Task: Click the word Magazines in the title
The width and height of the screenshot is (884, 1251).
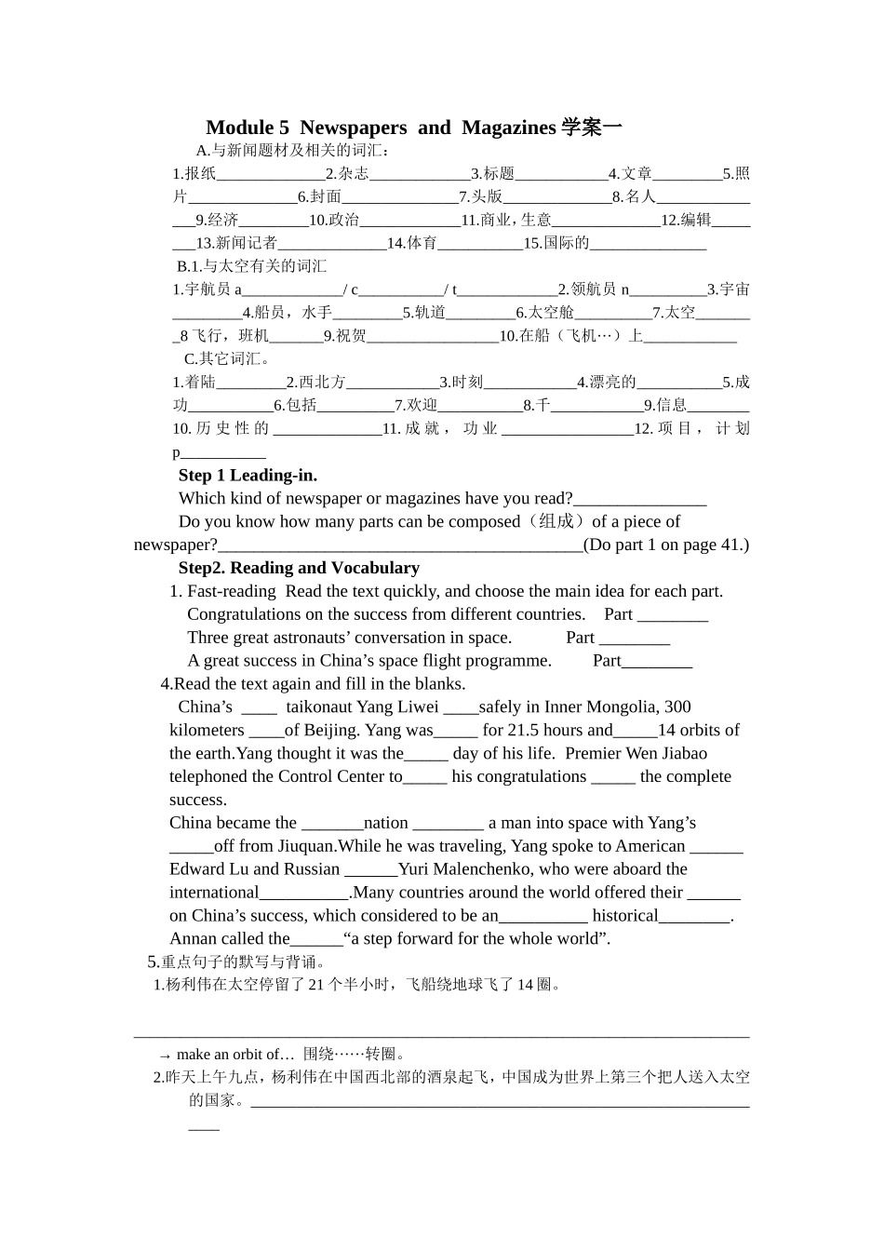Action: tap(508, 128)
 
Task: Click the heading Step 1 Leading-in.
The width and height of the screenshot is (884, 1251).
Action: tap(248, 476)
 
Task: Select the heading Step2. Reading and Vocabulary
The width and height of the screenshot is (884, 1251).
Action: tap(299, 568)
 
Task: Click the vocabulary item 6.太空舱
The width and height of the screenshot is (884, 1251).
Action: tap(545, 313)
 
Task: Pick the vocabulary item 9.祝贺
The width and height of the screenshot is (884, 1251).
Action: tap(345, 336)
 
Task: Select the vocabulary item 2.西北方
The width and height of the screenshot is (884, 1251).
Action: tap(315, 383)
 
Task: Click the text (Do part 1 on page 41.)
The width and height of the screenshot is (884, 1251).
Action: tap(665, 545)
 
